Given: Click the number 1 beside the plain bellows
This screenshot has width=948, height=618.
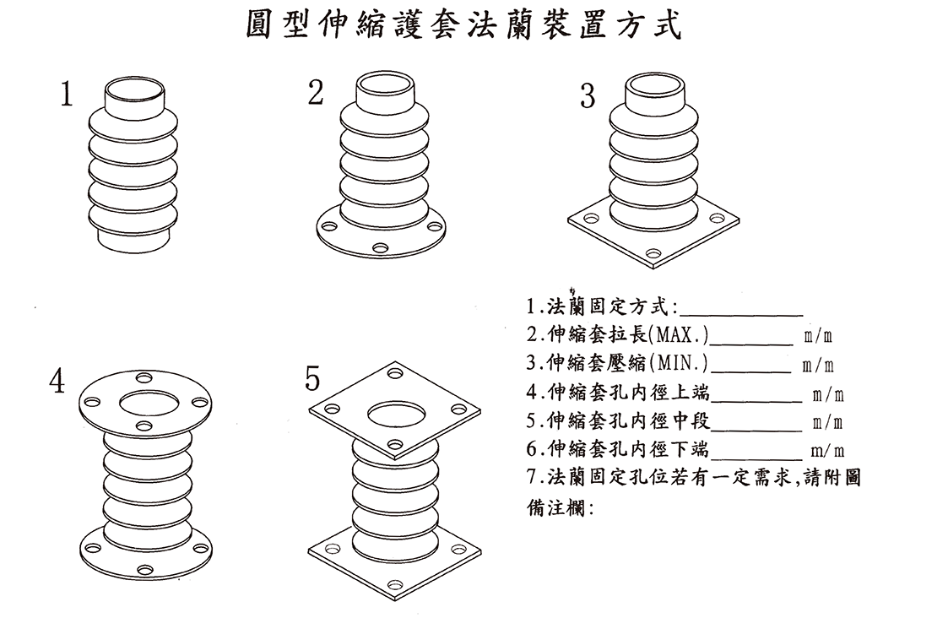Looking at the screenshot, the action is click(67, 95).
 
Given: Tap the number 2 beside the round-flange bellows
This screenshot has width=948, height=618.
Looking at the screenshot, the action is click(316, 93).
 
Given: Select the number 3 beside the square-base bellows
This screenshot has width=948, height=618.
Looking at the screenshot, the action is click(588, 96).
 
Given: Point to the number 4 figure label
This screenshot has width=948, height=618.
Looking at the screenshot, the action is click(57, 381).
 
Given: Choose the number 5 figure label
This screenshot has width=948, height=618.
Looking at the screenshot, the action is click(312, 378).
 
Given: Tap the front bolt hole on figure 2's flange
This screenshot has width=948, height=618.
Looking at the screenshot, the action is click(380, 248).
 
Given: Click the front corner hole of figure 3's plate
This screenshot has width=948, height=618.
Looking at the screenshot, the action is click(653, 252).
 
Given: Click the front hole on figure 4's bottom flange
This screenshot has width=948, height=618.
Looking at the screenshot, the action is click(145, 570).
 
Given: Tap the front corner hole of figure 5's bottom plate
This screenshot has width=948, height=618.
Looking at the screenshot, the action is click(395, 585).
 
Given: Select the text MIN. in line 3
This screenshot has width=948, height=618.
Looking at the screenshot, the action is click(680, 363).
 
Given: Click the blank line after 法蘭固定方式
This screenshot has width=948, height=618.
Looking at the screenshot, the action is click(741, 315).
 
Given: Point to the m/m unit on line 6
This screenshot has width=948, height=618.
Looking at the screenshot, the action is click(827, 451).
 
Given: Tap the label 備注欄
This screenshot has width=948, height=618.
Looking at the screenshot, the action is click(561, 507).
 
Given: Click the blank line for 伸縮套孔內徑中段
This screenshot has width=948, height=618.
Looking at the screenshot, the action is click(756, 430).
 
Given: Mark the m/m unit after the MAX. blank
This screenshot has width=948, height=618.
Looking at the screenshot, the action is click(818, 336).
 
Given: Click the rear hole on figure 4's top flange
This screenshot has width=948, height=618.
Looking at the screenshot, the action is click(144, 378).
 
